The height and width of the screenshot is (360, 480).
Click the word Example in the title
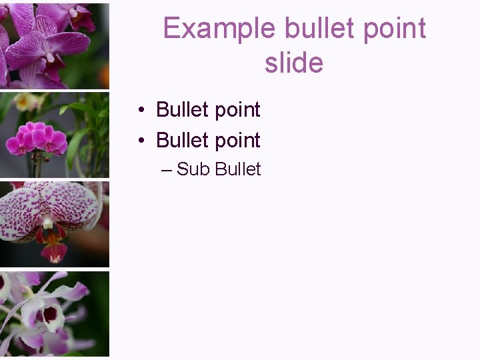pyautogui.click(x=219, y=29)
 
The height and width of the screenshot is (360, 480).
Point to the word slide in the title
pyautogui.click(x=293, y=63)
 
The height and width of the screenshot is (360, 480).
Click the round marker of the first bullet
pyautogui.click(x=143, y=110)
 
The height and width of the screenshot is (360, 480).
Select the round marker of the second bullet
pyautogui.click(x=143, y=141)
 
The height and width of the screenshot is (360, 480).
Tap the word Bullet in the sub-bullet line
pyautogui.click(x=238, y=169)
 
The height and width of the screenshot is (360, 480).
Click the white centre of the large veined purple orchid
pyautogui.click(x=72, y=13)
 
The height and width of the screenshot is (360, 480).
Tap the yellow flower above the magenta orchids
pyautogui.click(x=27, y=101)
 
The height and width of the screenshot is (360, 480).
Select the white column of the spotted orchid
pyautogui.click(x=47, y=222)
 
